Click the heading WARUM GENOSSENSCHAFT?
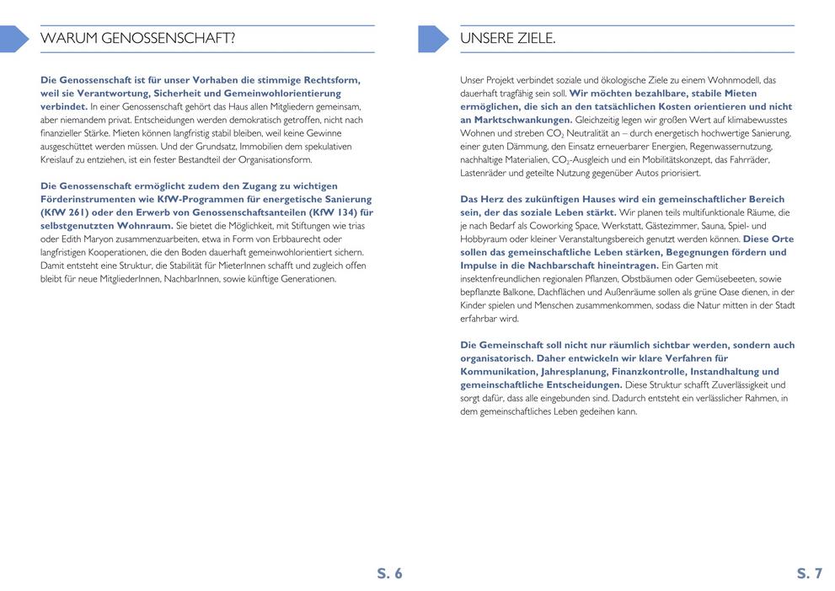pyautogui.click(x=137, y=39)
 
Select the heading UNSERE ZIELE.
pyautogui.click(x=507, y=39)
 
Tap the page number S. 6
pyautogui.click(x=389, y=574)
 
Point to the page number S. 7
pyautogui.click(x=809, y=574)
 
